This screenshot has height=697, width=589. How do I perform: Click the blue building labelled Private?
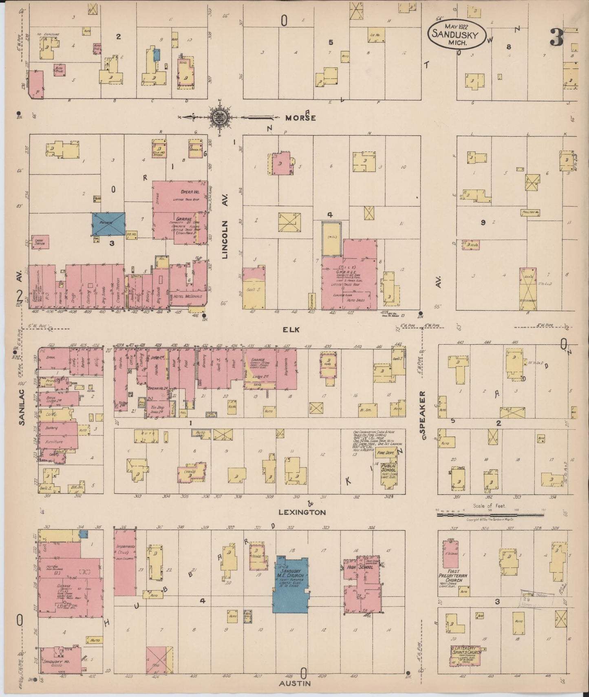(x=108, y=224)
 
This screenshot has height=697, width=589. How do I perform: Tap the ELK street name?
(x=292, y=329)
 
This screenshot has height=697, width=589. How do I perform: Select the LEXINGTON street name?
(x=302, y=512)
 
